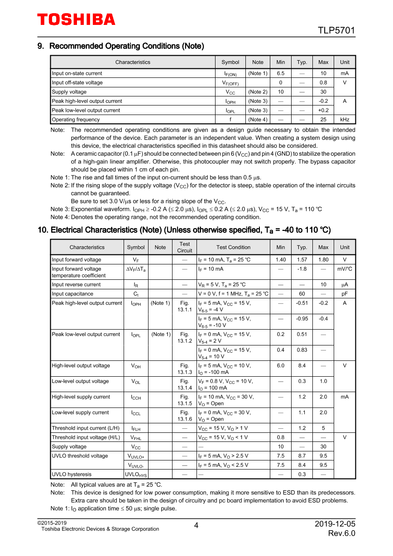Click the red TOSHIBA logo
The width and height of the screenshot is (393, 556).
[x=76, y=19]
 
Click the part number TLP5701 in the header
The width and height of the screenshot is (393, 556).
[x=336, y=31]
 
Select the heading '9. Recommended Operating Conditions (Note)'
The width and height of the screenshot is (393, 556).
[x=120, y=46]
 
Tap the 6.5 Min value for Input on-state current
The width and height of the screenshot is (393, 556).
[x=280, y=73]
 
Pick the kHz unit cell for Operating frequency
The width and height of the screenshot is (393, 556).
[x=345, y=120]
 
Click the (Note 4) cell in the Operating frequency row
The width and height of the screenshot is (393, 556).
[x=258, y=120]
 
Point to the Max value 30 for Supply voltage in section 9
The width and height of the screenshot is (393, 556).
[x=323, y=92]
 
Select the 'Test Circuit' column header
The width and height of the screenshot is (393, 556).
[x=185, y=247]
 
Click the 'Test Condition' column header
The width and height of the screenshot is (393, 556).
[x=233, y=247]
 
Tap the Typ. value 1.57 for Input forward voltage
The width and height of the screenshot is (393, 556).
[x=302, y=260]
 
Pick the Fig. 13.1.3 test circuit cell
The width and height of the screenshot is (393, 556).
[x=185, y=369]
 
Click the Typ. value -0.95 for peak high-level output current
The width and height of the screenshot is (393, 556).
[x=302, y=319]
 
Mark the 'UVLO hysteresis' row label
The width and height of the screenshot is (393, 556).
[x=72, y=475]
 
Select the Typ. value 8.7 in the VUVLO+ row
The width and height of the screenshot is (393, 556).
[x=302, y=456]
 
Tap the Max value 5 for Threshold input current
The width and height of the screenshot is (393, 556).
[x=323, y=428]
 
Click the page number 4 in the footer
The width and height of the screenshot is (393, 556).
[x=196, y=526]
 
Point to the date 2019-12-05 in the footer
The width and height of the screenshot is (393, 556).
[x=335, y=524]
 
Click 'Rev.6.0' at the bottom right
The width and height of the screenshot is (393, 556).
[x=341, y=533]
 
